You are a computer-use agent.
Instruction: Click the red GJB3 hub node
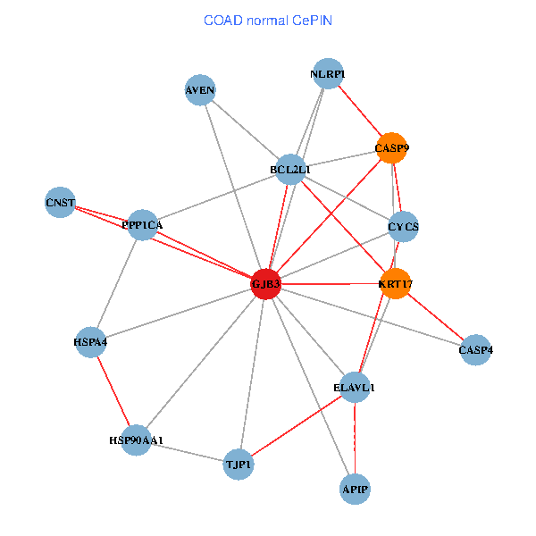tap(266, 283)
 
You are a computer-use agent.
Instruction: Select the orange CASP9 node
tap(391, 147)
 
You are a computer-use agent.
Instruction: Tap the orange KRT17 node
tap(395, 283)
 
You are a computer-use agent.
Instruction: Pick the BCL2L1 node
tap(290, 169)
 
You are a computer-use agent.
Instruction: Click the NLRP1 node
tap(328, 73)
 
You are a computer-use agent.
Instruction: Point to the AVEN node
tap(200, 89)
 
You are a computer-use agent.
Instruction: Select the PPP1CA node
tap(143, 224)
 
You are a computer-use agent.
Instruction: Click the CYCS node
tap(404, 226)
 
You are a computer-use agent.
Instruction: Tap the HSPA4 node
tap(91, 341)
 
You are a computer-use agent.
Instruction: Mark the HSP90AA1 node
tap(136, 440)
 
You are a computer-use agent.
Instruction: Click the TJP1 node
tap(239, 464)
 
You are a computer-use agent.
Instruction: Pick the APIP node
tap(355, 489)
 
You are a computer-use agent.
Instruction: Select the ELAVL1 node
tap(355, 387)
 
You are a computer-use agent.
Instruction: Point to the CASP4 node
tap(475, 349)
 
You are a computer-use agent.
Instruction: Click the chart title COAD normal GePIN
tap(268, 20)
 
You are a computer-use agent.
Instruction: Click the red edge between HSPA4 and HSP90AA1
tap(113, 390)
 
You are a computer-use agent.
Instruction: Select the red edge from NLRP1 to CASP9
tap(360, 111)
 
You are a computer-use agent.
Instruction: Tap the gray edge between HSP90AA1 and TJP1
tap(188, 452)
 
